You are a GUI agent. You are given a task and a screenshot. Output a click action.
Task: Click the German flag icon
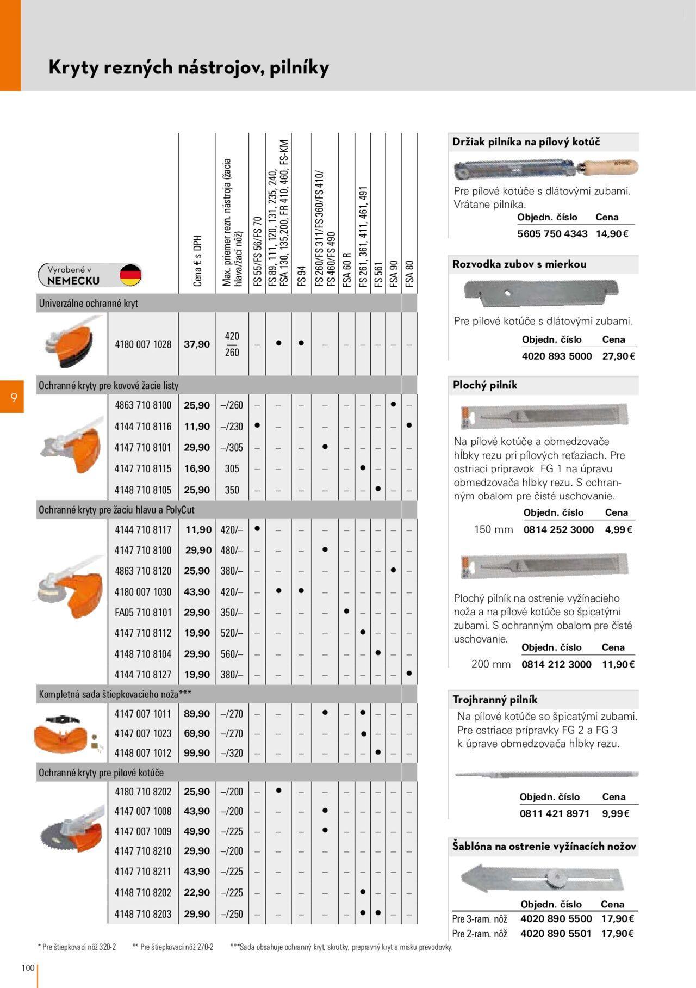[x=130, y=275]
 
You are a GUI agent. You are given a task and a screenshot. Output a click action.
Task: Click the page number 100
[x=28, y=967]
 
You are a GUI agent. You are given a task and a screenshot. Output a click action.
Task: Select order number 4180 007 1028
[x=143, y=344]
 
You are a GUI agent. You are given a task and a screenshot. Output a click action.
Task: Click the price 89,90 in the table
[x=197, y=714]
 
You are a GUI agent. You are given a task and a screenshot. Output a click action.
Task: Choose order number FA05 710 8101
[x=143, y=613]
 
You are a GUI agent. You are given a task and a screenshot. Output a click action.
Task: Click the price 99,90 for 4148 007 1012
[x=197, y=753]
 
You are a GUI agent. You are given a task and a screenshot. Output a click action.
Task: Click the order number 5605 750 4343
[x=552, y=234]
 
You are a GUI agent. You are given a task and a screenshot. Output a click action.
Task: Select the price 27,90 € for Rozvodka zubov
[x=619, y=356]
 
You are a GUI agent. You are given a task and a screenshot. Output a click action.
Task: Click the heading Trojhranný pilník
[x=495, y=700]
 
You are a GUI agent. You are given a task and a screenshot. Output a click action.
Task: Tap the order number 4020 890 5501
[x=556, y=934]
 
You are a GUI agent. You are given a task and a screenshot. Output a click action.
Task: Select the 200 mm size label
[x=491, y=664]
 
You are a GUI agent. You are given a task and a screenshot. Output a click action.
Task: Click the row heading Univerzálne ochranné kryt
[x=88, y=304]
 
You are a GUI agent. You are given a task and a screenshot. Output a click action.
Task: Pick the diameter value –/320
[x=232, y=753]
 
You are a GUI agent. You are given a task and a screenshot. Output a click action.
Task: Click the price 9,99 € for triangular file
[x=616, y=814]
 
